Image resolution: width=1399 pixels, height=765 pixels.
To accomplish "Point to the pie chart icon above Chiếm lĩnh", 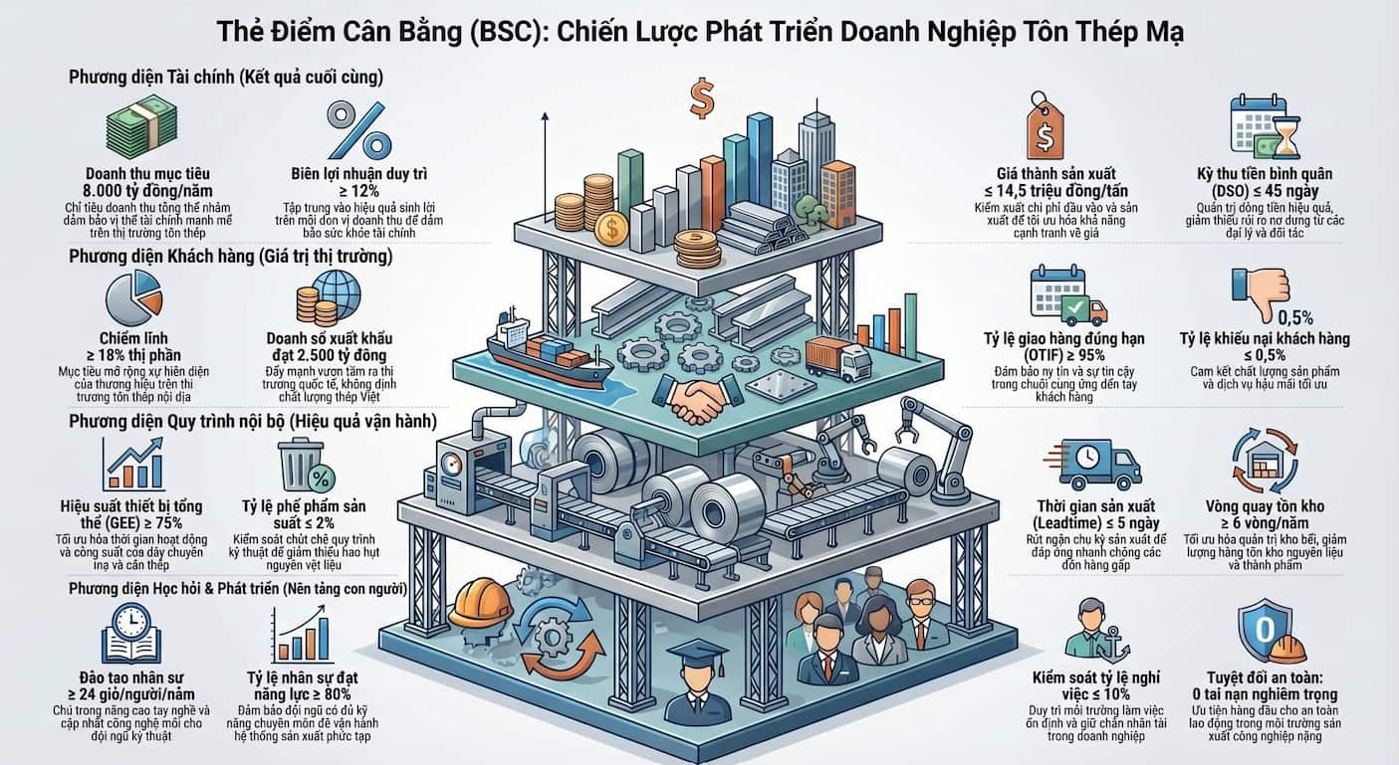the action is coord(133,297).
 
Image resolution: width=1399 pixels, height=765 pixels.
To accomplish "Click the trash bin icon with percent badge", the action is coord(306,465).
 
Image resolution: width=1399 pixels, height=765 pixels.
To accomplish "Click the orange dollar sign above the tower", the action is coord(702,97).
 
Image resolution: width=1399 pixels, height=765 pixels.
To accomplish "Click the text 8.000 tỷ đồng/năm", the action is coord(147,191).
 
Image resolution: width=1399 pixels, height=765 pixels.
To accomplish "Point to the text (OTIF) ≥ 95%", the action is coord(1063,356).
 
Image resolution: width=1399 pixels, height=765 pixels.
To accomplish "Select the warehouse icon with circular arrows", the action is coord(1265,462).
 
